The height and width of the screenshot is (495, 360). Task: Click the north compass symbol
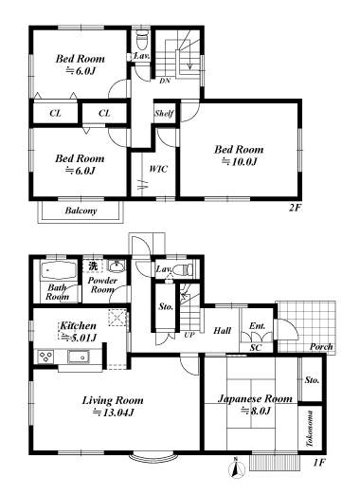coord(237,468)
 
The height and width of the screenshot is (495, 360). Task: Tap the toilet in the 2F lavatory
coord(142,40)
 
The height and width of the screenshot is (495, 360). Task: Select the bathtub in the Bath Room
coord(59,271)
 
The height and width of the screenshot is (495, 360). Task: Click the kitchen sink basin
coord(78,357)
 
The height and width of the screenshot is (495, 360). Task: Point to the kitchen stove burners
coord(46,357)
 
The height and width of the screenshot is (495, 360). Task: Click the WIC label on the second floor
coord(158,169)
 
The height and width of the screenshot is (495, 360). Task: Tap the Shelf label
coord(164,113)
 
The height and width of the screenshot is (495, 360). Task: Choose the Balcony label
coord(81,211)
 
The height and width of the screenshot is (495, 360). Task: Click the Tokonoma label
coord(310,429)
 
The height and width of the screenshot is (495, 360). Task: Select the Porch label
coord(321,346)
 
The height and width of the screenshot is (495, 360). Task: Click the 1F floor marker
coord(319,463)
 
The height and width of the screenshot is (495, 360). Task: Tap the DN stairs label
coord(165,81)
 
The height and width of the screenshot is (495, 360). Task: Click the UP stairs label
coord(189,335)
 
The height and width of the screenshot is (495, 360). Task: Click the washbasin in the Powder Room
coord(117,266)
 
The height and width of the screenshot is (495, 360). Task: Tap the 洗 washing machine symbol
coord(93,266)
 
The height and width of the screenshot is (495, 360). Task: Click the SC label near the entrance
coord(256,348)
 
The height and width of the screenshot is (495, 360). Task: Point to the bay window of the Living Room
coord(153,458)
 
